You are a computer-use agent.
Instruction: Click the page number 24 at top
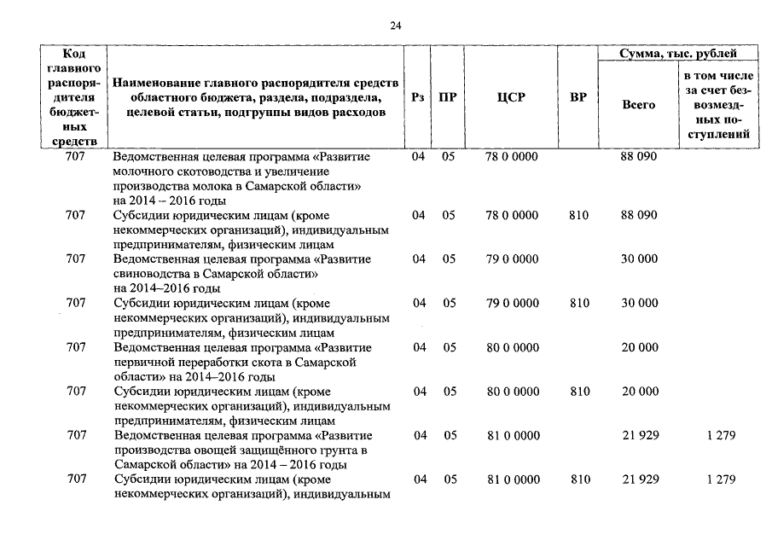pos(395,26)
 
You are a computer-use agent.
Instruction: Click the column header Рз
pos(417,97)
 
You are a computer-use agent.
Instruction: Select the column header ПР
pos(447,97)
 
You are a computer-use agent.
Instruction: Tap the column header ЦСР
pos(510,97)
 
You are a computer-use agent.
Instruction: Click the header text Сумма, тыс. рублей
pos(680,55)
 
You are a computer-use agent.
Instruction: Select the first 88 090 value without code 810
pos(640,157)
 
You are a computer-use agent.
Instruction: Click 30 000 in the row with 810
pos(640,303)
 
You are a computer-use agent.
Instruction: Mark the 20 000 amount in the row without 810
pos(640,347)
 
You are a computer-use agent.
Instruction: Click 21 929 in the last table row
pos(640,479)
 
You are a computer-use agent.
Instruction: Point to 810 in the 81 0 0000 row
pos(578,479)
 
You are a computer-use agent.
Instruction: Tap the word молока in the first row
pos(201,186)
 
